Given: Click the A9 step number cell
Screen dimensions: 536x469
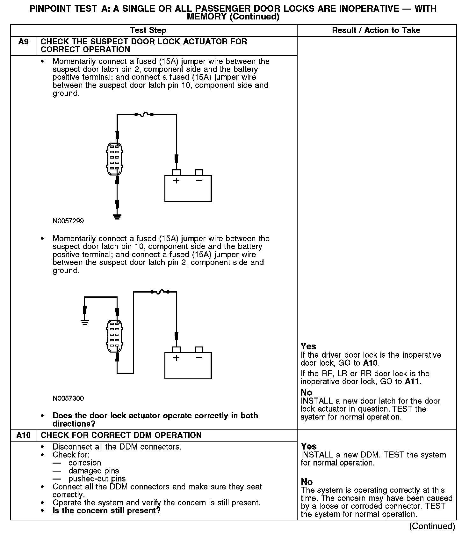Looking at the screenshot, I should click(x=24, y=42).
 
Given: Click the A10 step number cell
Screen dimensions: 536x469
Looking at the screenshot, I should click(x=24, y=435).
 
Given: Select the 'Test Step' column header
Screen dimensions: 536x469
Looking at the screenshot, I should click(x=148, y=30).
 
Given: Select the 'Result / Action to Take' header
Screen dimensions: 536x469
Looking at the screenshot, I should click(x=376, y=30).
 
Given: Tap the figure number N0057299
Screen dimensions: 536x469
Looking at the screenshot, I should click(x=68, y=221).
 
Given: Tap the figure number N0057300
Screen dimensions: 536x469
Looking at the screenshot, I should click(x=68, y=398).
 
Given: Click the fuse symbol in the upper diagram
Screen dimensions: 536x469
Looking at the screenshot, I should click(x=144, y=114).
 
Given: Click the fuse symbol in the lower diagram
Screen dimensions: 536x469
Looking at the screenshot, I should click(x=160, y=291).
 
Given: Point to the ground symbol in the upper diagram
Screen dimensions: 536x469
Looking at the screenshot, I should click(x=117, y=218).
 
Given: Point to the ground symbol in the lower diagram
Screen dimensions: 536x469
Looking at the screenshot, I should click(x=85, y=322).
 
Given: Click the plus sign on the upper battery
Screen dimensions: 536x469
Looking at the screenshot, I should click(x=176, y=181).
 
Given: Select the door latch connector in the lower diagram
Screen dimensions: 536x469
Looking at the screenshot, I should click(x=114, y=336).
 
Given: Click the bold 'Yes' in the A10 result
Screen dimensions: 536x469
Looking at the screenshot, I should click(x=308, y=446).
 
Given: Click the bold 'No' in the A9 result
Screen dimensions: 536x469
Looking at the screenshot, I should click(x=306, y=392).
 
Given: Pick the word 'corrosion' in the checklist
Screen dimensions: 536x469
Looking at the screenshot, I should click(x=85, y=463).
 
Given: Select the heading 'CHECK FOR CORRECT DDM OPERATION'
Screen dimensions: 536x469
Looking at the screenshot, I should click(x=121, y=435).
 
